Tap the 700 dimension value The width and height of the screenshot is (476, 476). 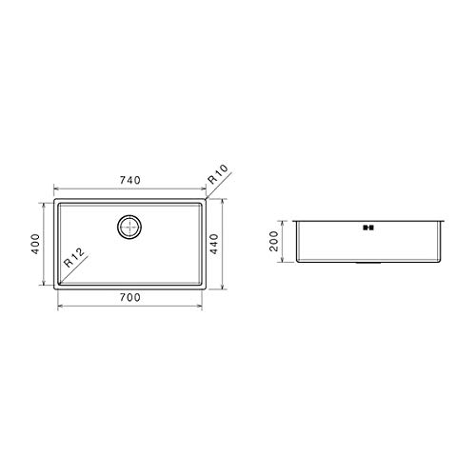point(129,298)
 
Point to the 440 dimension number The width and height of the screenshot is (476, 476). point(215,245)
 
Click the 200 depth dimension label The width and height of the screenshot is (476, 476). point(275,240)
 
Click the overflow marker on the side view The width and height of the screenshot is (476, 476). point(367,228)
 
